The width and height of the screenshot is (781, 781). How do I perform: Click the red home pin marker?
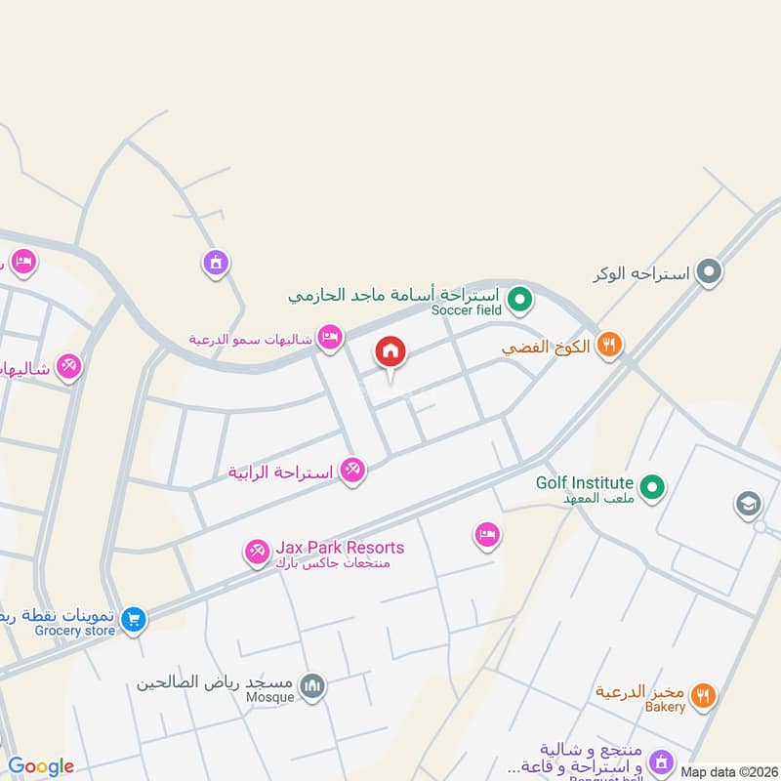coord(390,351)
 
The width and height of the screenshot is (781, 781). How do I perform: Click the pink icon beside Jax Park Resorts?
coord(257,553)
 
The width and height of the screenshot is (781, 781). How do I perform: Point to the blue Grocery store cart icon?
coord(134,618)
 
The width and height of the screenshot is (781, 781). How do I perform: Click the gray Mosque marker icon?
coord(312,686)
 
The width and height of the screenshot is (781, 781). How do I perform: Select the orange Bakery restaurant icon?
coord(702,695)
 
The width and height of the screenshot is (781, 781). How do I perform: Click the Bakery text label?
coord(665,707)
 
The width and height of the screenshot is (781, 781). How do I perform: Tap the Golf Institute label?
coord(585,483)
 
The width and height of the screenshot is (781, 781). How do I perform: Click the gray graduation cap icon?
coord(749,504)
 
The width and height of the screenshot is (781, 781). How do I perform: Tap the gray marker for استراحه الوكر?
coord(708,272)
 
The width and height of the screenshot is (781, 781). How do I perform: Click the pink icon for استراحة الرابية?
coord(352,471)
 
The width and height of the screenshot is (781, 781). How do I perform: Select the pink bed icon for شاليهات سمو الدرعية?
coord(331,337)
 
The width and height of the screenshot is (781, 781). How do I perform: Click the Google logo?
coord(41,766)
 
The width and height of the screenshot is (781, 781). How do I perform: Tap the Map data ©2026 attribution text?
coord(729,771)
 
